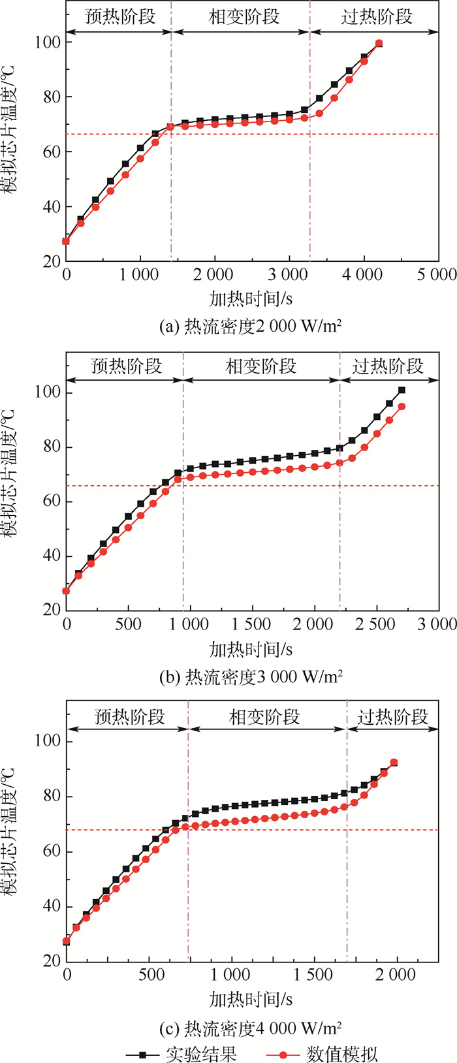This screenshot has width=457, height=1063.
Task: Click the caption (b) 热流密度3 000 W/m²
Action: click(x=251, y=676)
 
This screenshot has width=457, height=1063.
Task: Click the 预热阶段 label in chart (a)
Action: click(x=120, y=16)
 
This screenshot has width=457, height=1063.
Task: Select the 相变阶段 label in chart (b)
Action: click(x=261, y=366)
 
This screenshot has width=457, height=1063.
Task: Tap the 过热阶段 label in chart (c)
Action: click(x=393, y=716)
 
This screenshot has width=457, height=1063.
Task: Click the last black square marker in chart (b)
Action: click(x=402, y=390)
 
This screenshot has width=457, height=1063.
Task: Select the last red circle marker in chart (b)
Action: click(x=402, y=406)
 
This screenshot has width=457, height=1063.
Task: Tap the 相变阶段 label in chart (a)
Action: click(x=244, y=16)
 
